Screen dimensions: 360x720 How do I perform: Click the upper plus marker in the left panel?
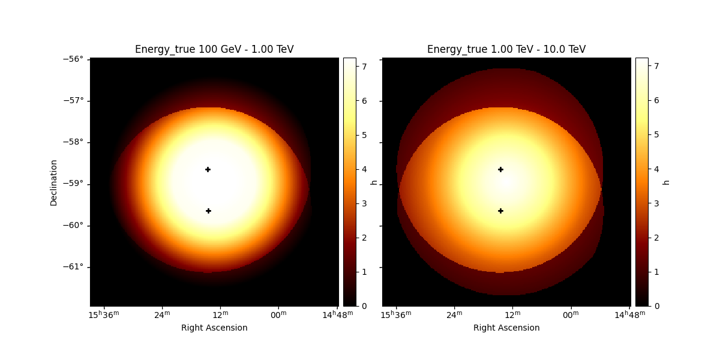(x=208, y=169)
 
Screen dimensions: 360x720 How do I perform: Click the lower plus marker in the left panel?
(x=208, y=211)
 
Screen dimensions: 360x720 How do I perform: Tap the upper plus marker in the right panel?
(x=500, y=169)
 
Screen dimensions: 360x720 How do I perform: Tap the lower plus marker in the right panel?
(x=500, y=211)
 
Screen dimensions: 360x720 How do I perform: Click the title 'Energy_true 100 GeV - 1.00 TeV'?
(x=214, y=49)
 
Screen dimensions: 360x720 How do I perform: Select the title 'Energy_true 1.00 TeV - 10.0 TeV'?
(x=506, y=49)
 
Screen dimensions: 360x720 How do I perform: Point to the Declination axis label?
(x=54, y=182)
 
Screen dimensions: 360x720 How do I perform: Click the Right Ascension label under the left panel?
(x=214, y=328)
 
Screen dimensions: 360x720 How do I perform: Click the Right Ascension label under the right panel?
(x=506, y=328)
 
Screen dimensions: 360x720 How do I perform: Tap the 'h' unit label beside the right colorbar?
(x=666, y=182)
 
